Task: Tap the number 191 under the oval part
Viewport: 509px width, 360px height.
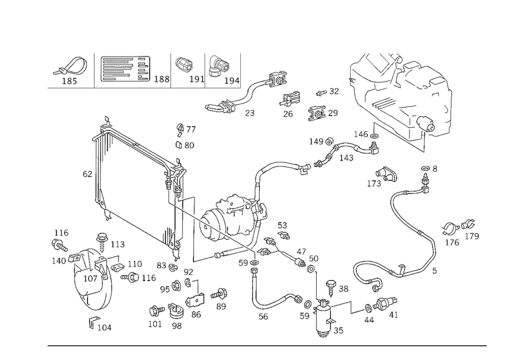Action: point(197,80)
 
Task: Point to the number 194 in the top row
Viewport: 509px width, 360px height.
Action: point(231,81)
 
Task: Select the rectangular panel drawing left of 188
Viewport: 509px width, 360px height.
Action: point(123,69)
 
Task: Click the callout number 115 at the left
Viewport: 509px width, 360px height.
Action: point(63,233)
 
